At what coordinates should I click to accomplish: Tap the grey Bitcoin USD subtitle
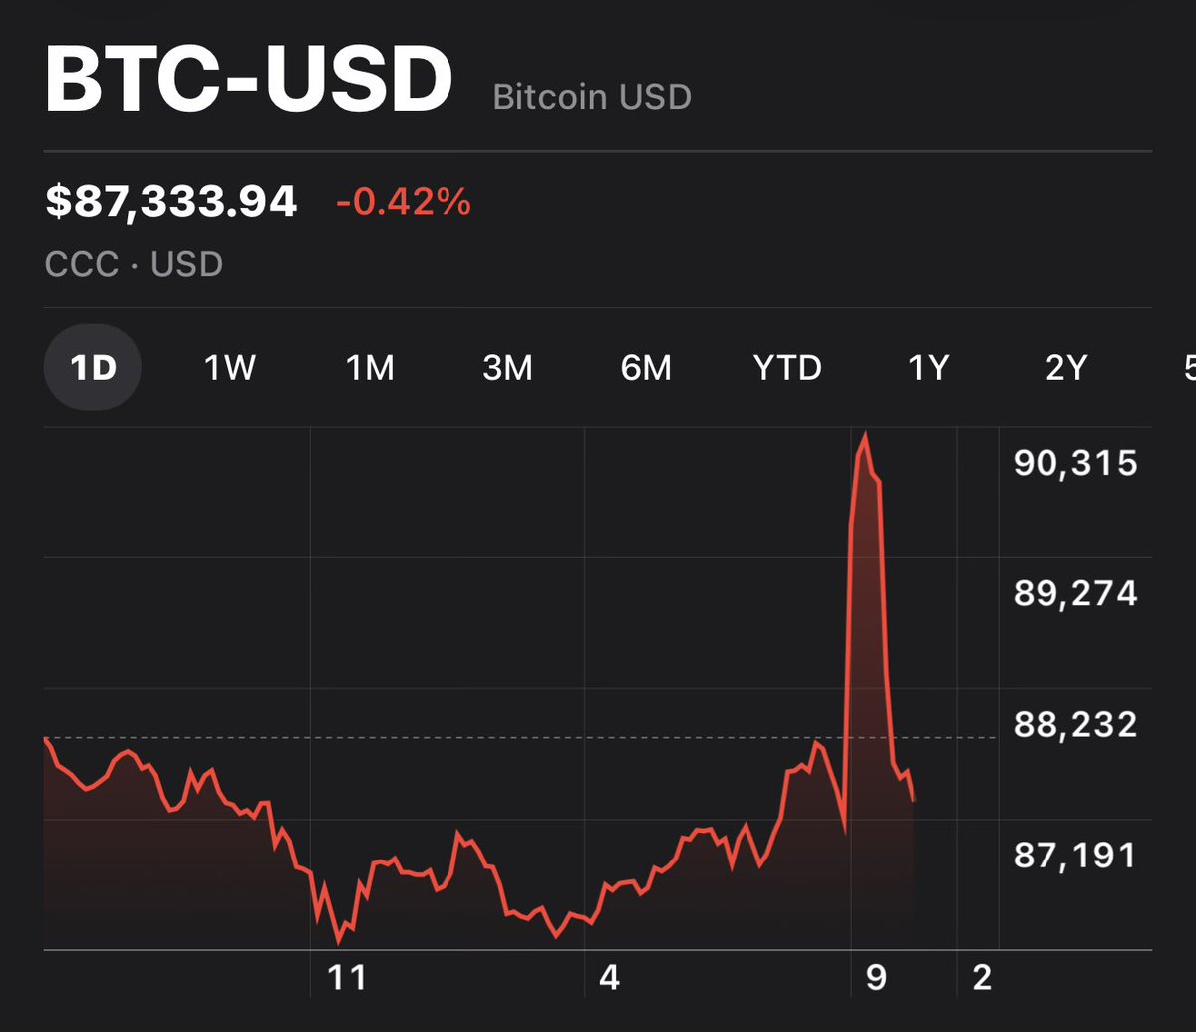click(x=592, y=98)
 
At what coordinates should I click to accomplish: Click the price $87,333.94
click(x=171, y=202)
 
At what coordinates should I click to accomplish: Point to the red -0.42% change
click(x=403, y=203)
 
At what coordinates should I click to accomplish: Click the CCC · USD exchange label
click(x=134, y=264)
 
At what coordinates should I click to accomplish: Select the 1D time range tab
click(x=93, y=368)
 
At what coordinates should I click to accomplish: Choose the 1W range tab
click(x=230, y=369)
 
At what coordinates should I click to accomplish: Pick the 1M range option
click(x=370, y=369)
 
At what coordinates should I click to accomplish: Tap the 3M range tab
click(x=507, y=369)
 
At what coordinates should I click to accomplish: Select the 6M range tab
click(x=646, y=369)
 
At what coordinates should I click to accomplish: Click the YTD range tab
click(x=787, y=369)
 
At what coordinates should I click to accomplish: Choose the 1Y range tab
click(x=928, y=369)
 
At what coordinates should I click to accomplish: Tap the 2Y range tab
click(x=1065, y=369)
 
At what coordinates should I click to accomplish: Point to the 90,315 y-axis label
click(x=1075, y=463)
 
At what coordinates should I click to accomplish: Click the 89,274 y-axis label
click(x=1075, y=593)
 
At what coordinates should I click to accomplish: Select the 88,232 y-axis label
click(x=1075, y=724)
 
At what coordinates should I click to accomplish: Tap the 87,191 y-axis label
click(x=1075, y=855)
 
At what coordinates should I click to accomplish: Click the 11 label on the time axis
click(x=347, y=978)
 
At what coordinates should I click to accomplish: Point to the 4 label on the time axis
click(x=609, y=978)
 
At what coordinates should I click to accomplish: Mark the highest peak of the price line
click(x=865, y=434)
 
